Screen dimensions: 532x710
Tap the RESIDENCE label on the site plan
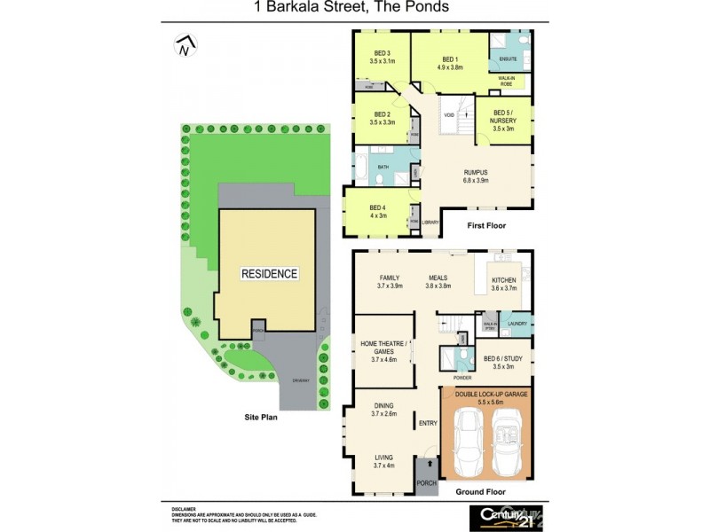click(x=269, y=274)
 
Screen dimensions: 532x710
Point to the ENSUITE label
click(x=508, y=59)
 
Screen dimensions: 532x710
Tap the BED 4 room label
click(x=378, y=209)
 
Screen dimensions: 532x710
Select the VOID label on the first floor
click(x=449, y=115)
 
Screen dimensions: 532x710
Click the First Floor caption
click(x=485, y=226)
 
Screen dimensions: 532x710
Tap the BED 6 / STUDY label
click(x=503, y=361)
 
